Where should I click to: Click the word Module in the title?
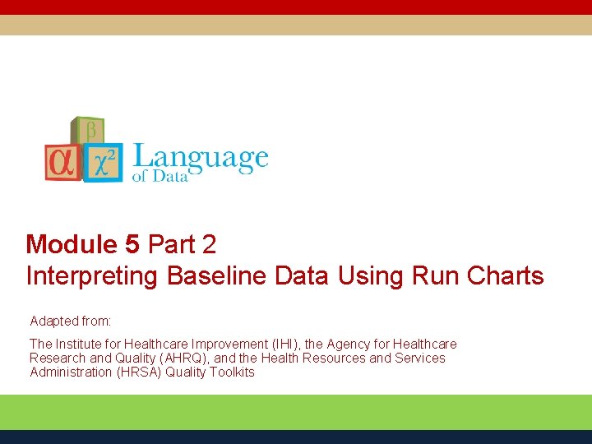[72, 244]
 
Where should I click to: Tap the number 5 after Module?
[132, 244]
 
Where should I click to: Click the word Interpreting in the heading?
[92, 275]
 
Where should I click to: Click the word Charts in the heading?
[505, 275]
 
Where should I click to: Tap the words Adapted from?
[71, 320]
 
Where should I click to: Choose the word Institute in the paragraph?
[77, 344]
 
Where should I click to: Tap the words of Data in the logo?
[160, 176]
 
